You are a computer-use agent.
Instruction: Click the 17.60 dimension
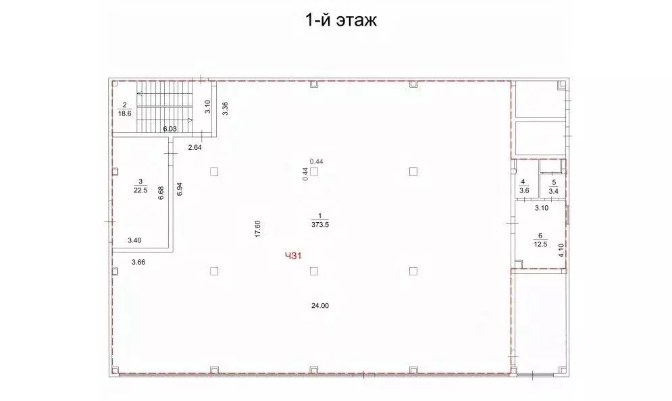point(258,229)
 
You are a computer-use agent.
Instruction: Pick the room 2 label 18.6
point(125,113)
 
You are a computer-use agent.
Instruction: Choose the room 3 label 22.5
point(140,189)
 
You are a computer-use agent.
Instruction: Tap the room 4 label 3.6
point(523,190)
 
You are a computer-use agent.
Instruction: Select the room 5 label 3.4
point(553,191)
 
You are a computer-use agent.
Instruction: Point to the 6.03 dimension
point(169,129)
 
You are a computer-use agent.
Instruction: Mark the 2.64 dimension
point(195,147)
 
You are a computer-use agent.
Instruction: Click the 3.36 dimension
point(225,108)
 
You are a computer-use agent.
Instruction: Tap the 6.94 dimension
point(179,189)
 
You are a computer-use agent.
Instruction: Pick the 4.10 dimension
point(561,252)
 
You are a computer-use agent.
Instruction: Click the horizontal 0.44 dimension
point(316,161)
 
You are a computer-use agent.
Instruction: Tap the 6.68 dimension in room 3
point(161,193)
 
